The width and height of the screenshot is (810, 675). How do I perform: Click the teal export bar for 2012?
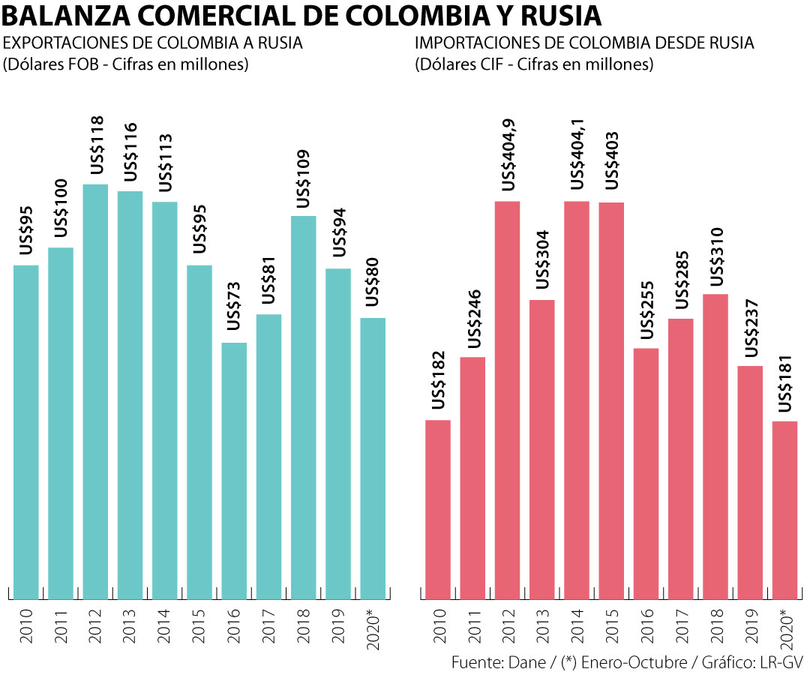[x=95, y=390]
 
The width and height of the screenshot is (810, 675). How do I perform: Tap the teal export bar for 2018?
[x=304, y=405]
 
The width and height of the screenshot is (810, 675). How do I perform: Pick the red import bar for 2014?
[x=577, y=397]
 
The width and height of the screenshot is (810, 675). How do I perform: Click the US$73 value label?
[x=235, y=306]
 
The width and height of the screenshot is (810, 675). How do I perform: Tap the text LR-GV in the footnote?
[x=781, y=663]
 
